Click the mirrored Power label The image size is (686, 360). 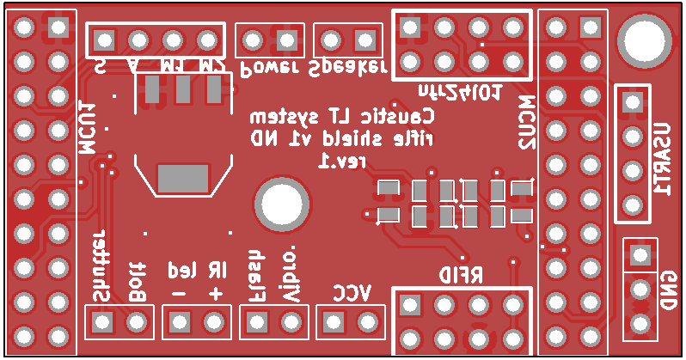[x=268, y=68]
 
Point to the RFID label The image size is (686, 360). [x=461, y=275]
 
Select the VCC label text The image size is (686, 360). [x=351, y=292]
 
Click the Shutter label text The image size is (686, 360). [x=101, y=265]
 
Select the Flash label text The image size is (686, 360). [x=254, y=275]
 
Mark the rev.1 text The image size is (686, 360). [x=341, y=161]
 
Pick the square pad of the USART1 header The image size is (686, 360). [x=633, y=101]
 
